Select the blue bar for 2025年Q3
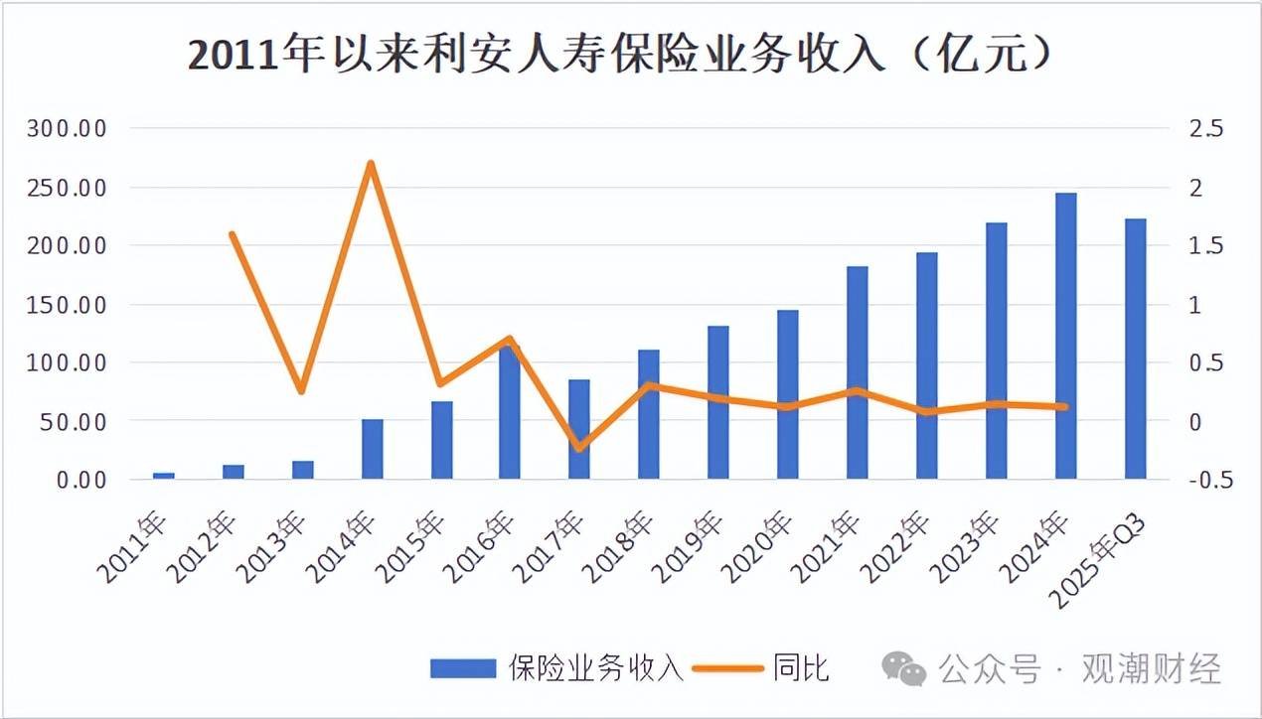point(1135,349)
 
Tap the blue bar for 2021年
point(858,372)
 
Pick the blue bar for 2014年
point(372,449)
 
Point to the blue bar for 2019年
point(718,402)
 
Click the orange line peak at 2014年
point(371,163)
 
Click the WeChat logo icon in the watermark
point(904,667)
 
